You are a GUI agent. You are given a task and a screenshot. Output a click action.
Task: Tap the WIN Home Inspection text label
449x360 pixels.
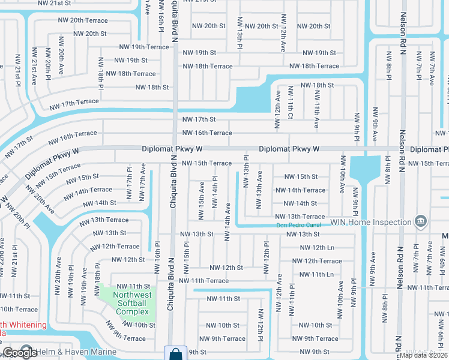(x=377, y=222)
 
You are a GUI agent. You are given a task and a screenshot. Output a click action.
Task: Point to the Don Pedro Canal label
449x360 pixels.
(x=295, y=226)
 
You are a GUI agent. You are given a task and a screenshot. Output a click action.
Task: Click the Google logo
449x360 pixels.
(x=20, y=353)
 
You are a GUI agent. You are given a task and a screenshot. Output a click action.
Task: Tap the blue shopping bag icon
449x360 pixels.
(x=175, y=353)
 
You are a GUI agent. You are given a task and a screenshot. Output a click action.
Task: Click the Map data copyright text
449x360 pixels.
(x=423, y=355)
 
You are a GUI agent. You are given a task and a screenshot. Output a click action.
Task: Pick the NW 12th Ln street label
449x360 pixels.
(x=317, y=248)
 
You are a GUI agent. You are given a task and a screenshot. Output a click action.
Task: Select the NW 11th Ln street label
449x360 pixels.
(x=317, y=274)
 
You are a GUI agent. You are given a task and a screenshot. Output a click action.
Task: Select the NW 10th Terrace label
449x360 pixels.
(x=18, y=310)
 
